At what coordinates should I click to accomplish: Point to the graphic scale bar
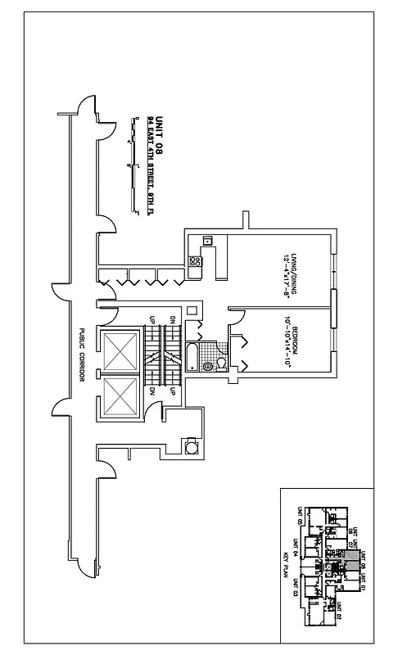[132, 164]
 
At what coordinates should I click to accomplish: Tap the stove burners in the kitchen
[195, 262]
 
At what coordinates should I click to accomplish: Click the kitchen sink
[208, 241]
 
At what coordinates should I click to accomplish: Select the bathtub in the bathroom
[191, 358]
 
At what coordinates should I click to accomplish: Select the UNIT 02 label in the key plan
[338, 611]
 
